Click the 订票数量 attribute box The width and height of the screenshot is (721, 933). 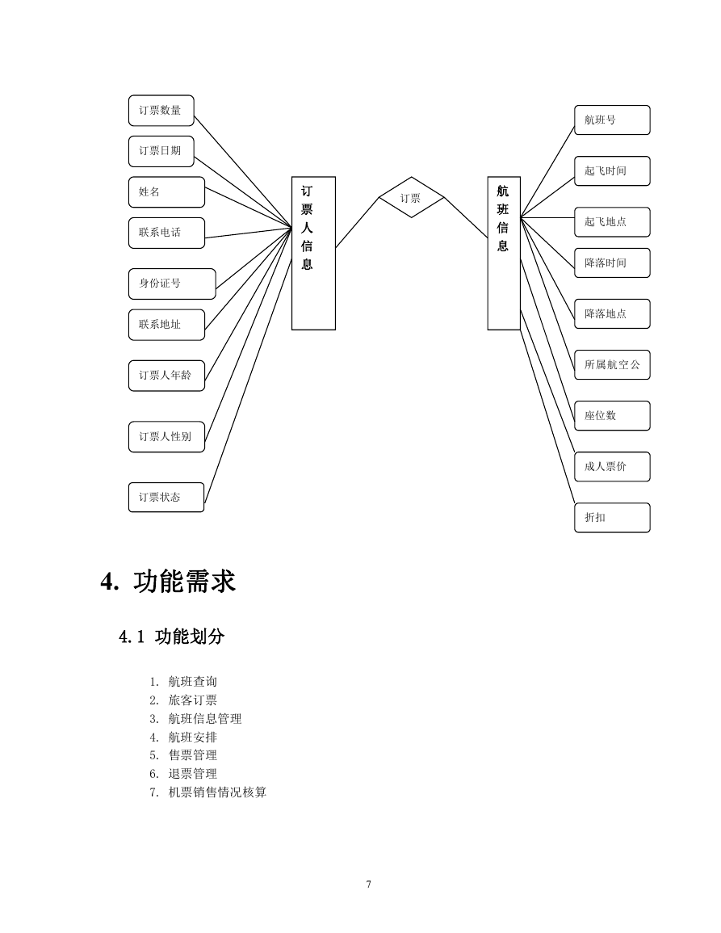(161, 111)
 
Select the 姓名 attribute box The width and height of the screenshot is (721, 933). (166, 192)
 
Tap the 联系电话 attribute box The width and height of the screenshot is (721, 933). (166, 233)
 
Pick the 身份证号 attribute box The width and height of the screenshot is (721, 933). (172, 284)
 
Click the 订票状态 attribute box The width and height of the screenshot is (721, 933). (166, 498)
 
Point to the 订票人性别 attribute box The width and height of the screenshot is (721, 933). (166, 437)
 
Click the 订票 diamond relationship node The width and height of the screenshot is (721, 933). (411, 198)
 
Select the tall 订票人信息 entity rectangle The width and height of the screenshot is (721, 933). (313, 254)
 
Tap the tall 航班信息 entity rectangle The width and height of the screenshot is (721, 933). (504, 254)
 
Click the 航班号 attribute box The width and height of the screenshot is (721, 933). (612, 120)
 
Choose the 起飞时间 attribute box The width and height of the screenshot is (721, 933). (612, 171)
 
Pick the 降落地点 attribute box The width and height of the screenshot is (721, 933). (612, 314)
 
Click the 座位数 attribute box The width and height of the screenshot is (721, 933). (612, 416)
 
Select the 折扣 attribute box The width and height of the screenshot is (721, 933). (612, 518)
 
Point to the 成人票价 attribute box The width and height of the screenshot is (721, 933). (612, 467)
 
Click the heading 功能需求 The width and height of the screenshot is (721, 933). (184, 582)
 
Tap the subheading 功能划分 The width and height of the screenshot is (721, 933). (190, 637)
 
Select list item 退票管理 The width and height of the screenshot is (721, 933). (193, 774)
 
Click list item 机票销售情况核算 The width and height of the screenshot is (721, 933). (218, 792)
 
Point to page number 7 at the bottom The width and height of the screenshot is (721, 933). (369, 885)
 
